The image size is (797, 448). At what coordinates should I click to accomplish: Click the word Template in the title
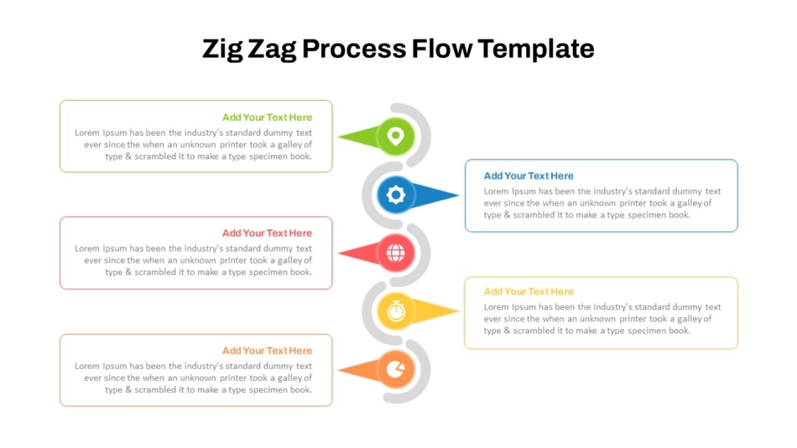[x=536, y=49]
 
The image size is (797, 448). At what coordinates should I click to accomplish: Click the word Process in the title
[x=354, y=49]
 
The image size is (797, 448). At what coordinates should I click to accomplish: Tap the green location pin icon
[x=395, y=136]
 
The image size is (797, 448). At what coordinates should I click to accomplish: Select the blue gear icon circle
[x=395, y=195]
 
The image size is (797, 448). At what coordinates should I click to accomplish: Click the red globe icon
[x=395, y=253]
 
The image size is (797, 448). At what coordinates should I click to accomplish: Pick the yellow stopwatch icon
[x=395, y=310]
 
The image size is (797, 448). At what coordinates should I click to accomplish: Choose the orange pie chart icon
[x=395, y=369]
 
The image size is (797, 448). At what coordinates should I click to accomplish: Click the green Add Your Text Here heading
[x=267, y=117]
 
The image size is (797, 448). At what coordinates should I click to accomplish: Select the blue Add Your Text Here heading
[x=529, y=176]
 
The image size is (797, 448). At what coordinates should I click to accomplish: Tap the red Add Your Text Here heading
[x=267, y=233]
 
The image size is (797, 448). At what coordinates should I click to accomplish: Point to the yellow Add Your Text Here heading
[x=529, y=292]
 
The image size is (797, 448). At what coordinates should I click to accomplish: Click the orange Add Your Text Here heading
[x=267, y=351]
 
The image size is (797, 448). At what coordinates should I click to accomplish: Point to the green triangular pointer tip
[x=339, y=136]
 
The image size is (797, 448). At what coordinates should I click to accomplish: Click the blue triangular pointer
[x=433, y=195]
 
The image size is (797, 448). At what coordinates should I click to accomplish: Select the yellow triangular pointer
[x=433, y=310]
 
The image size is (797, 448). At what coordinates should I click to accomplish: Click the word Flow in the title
[x=441, y=49]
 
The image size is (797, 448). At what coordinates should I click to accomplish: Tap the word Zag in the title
[x=272, y=49]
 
